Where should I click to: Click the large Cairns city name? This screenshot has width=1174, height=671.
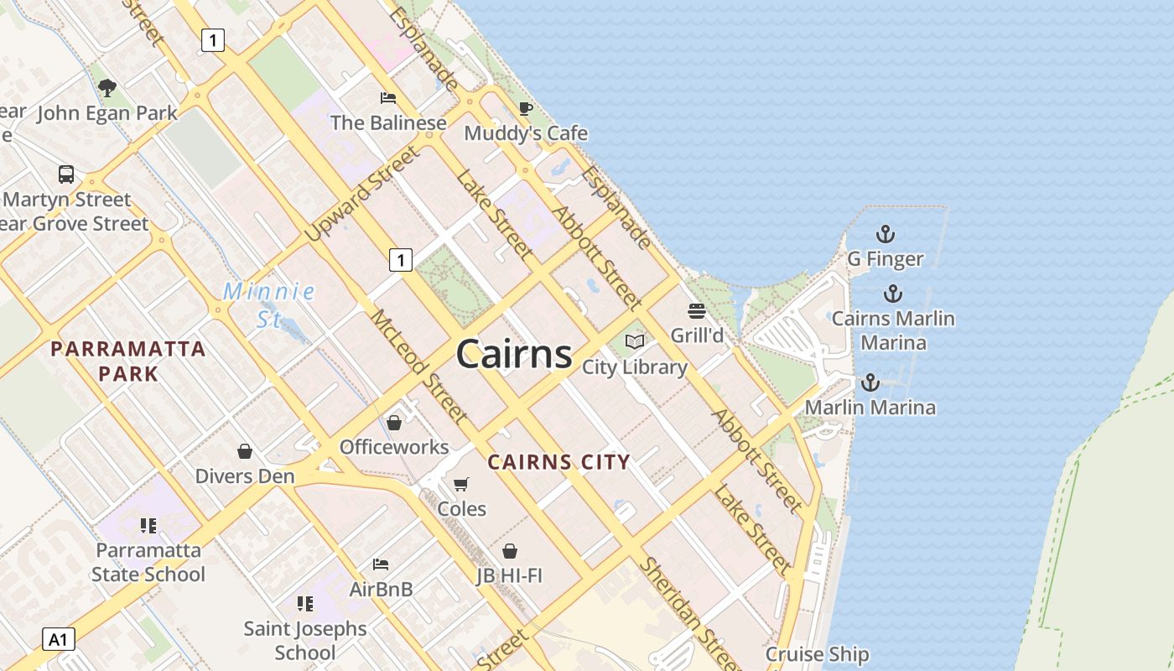pyautogui.click(x=514, y=354)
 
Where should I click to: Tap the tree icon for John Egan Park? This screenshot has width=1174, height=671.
pyautogui.click(x=107, y=87)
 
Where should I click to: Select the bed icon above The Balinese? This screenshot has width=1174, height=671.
pyautogui.click(x=388, y=98)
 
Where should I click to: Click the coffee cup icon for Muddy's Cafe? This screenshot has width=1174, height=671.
pyautogui.click(x=526, y=109)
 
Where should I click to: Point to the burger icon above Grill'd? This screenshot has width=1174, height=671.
pyautogui.click(x=696, y=311)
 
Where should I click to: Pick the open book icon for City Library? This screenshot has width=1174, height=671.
pyautogui.click(x=635, y=341)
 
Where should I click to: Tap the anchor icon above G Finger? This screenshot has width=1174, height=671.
pyautogui.click(x=885, y=234)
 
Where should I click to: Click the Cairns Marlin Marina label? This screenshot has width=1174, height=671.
pyautogui.click(x=893, y=330)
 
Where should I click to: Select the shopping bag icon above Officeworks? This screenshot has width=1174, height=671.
pyautogui.click(x=394, y=422)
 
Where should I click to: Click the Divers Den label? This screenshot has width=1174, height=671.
pyautogui.click(x=245, y=476)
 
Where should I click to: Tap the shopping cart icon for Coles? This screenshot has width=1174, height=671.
pyautogui.click(x=460, y=484)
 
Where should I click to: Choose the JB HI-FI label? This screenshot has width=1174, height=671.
pyautogui.click(x=509, y=575)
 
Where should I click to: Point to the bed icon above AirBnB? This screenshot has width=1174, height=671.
pyautogui.click(x=381, y=564)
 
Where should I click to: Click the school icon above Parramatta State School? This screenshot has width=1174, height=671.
pyautogui.click(x=148, y=526)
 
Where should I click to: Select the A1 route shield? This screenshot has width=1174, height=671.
pyautogui.click(x=58, y=640)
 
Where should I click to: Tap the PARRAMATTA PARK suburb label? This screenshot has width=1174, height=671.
pyautogui.click(x=128, y=361)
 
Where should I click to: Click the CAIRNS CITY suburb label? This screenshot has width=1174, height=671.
pyautogui.click(x=558, y=461)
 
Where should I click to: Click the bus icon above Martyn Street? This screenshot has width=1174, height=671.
pyautogui.click(x=66, y=174)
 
